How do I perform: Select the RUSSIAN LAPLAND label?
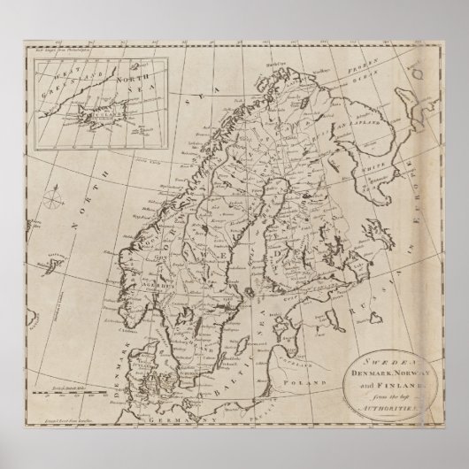(367, 111)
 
